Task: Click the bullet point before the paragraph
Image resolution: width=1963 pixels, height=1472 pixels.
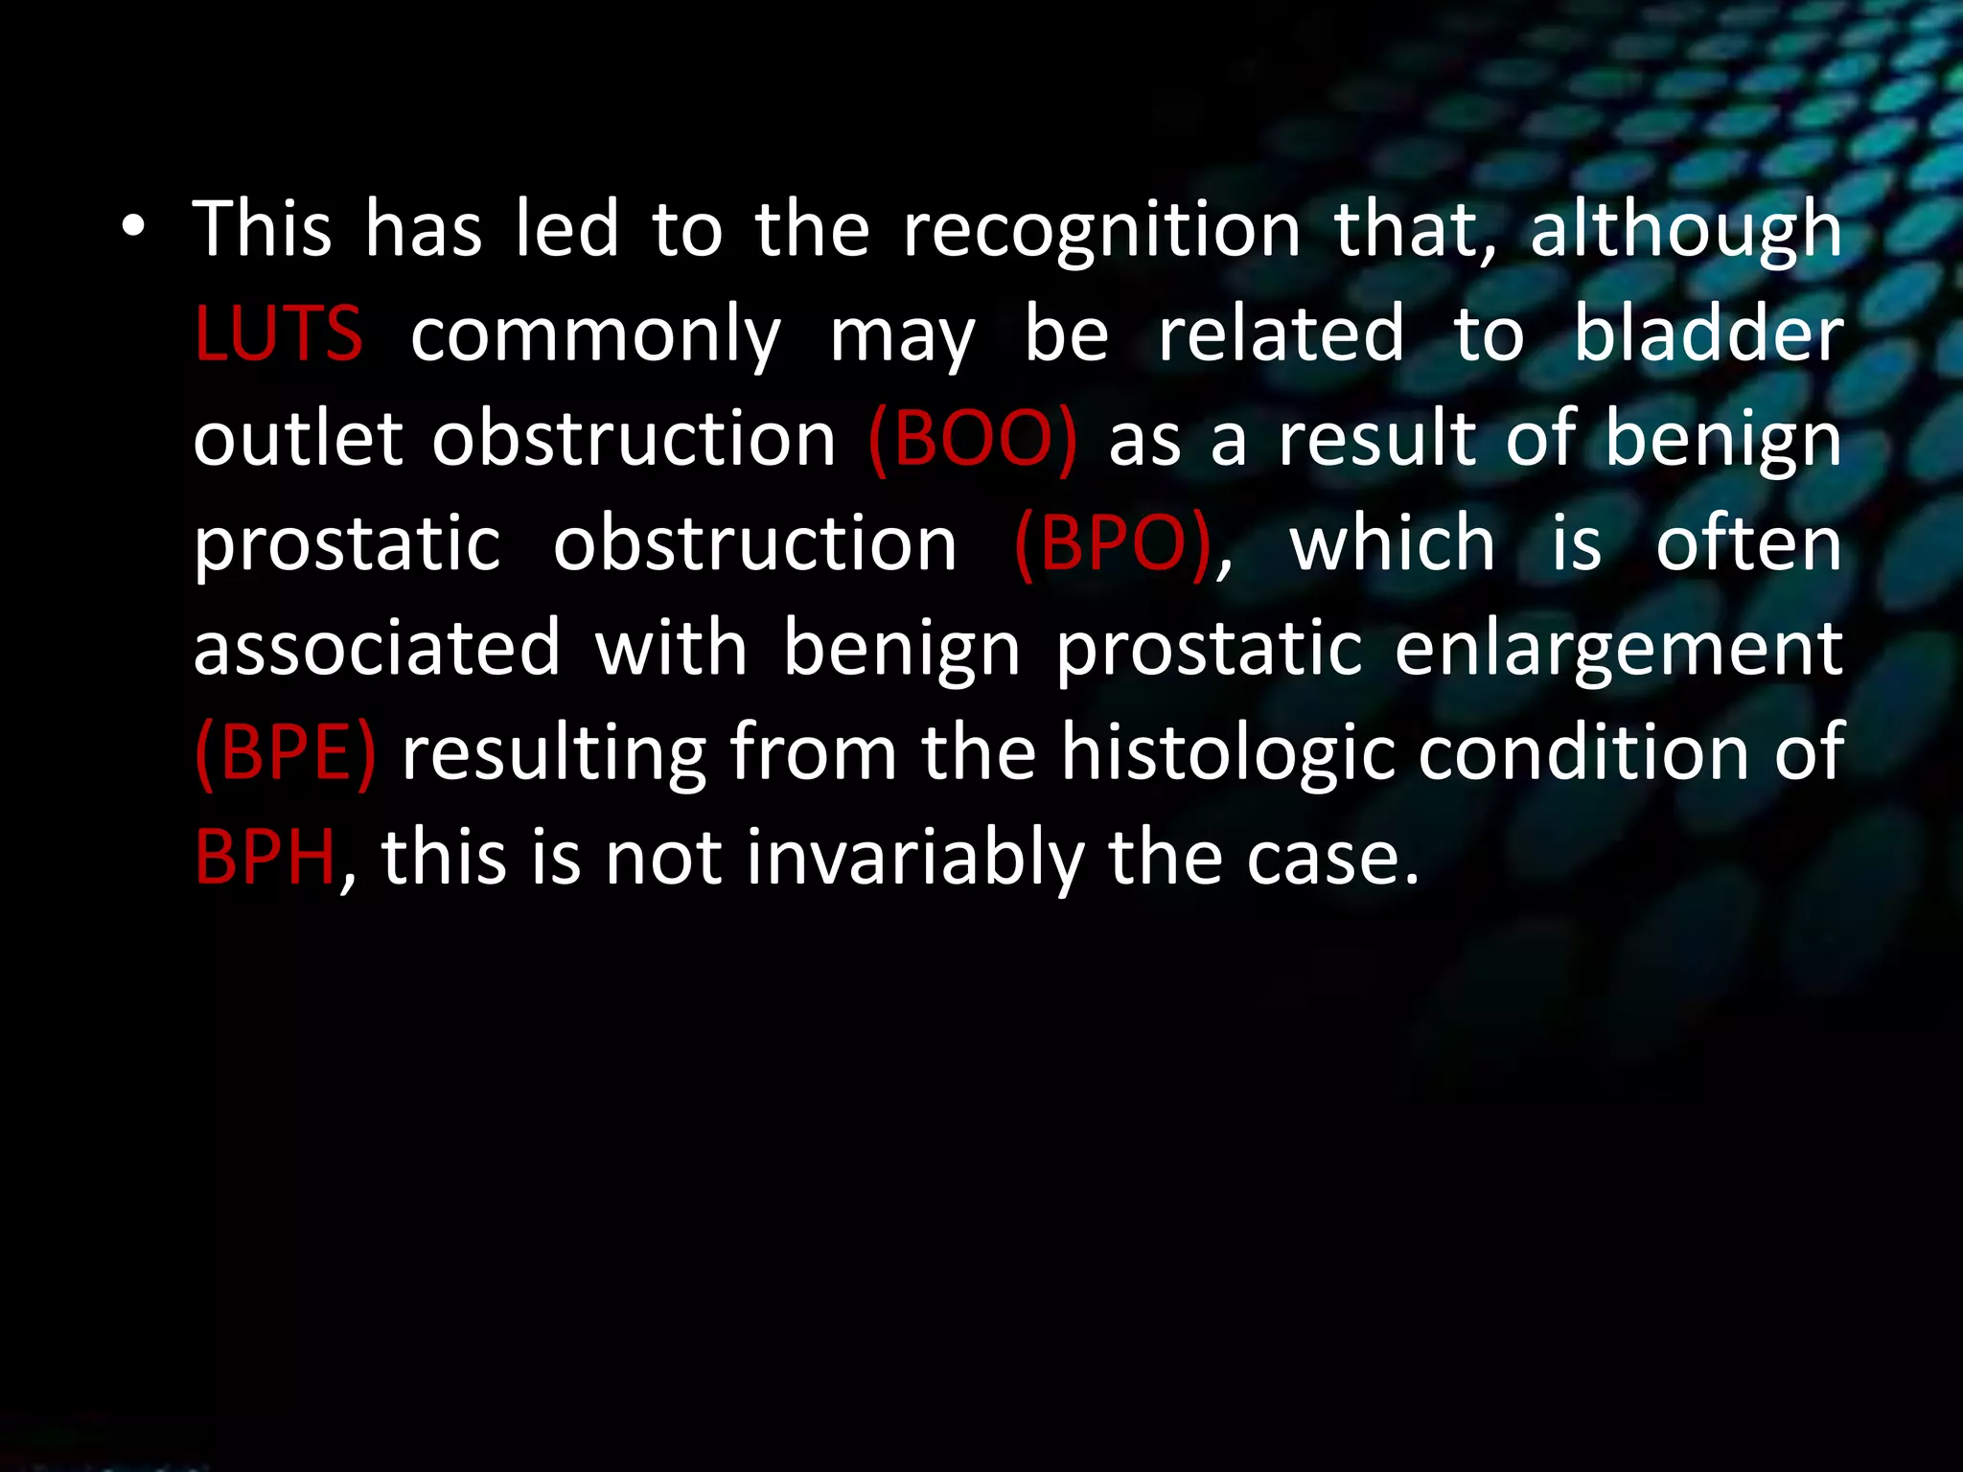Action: (x=133, y=229)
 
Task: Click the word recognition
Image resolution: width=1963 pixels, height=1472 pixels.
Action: (x=1101, y=231)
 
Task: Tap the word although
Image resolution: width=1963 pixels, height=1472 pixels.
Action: (x=1685, y=231)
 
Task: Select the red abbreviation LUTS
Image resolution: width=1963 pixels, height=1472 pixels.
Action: (x=278, y=334)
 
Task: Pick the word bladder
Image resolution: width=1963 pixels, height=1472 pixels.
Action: (x=1708, y=334)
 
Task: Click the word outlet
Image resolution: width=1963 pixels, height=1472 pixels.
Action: (x=297, y=439)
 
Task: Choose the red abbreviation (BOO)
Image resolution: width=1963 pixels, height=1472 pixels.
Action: (x=972, y=439)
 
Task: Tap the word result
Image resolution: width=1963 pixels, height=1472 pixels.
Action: (x=1377, y=439)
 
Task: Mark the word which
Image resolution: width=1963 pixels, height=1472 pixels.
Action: (x=1392, y=543)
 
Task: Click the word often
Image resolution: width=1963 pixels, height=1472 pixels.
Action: (x=1748, y=543)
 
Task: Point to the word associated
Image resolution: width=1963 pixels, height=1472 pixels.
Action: (x=377, y=648)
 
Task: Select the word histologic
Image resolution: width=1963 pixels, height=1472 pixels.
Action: (x=1228, y=753)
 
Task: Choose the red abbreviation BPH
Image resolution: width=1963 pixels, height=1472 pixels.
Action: (x=265, y=857)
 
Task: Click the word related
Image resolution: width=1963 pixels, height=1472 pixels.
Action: (x=1281, y=334)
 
